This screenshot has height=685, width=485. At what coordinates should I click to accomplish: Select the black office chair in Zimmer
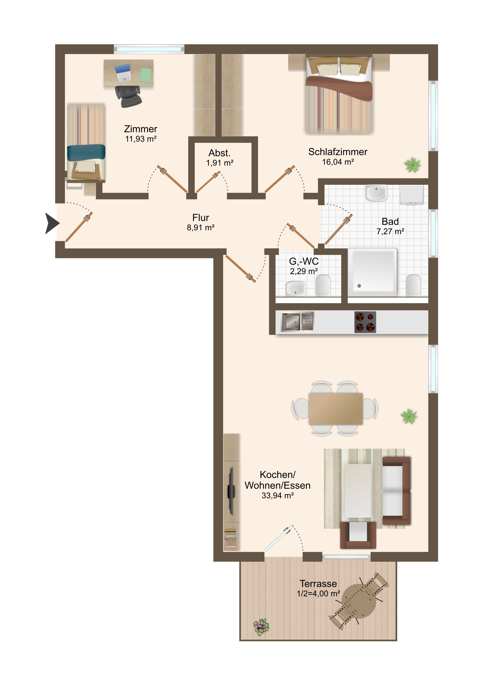point(128,96)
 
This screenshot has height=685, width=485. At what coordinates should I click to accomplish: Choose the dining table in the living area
point(336,409)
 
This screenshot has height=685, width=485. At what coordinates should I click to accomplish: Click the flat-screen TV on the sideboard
point(231,491)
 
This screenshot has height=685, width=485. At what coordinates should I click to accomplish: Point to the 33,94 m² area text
point(278,496)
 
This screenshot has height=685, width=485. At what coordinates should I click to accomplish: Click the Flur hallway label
point(201,218)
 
